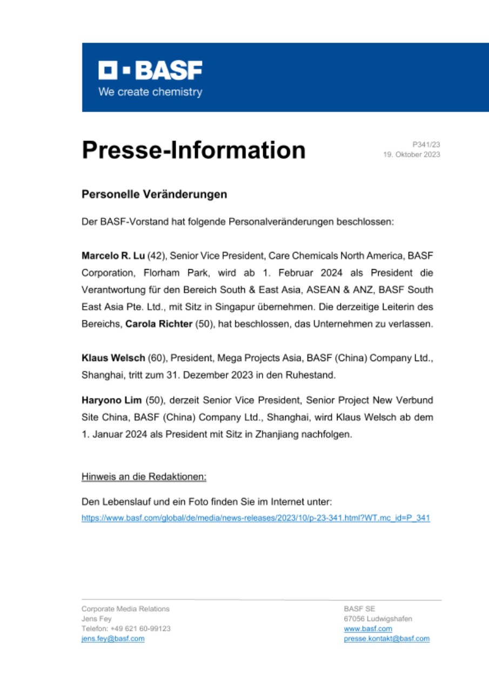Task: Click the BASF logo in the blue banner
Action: [150, 70]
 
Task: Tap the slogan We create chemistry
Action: [150, 92]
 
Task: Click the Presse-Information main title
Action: [193, 150]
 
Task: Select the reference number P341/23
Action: [426, 144]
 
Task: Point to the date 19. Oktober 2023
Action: [411, 155]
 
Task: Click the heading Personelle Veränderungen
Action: [154, 194]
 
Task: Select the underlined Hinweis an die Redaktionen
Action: [144, 477]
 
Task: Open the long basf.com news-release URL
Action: [256, 518]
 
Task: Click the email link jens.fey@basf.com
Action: [112, 638]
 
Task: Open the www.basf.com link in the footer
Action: [368, 629]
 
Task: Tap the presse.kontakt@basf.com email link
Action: [386, 638]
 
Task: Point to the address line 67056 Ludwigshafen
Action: [378, 618]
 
